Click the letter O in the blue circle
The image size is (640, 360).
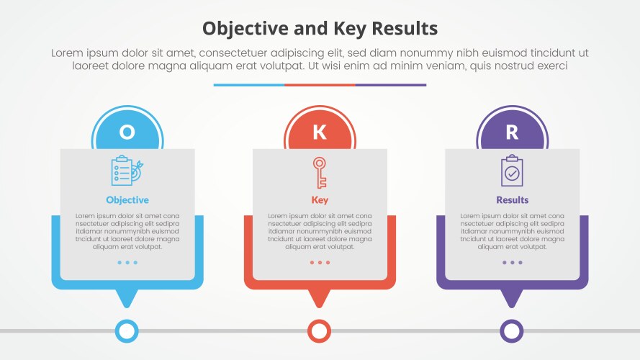(127, 132)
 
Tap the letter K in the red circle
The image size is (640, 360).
(320, 132)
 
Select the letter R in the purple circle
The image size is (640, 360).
(512, 132)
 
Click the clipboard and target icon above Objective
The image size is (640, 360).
(127, 170)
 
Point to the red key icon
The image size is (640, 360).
(320, 172)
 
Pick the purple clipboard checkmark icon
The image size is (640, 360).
(512, 171)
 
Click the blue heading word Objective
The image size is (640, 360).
(127, 200)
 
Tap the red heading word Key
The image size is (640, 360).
(320, 200)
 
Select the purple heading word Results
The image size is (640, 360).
(512, 200)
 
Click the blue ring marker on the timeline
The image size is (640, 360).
(127, 331)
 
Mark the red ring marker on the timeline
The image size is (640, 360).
(320, 331)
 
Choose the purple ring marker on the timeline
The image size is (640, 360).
(512, 331)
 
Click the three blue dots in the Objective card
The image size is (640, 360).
(127, 263)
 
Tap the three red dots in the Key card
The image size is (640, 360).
(320, 263)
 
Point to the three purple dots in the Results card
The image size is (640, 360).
(512, 263)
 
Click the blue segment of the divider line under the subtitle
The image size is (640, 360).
(248, 85)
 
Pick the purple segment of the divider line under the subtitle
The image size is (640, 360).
(391, 85)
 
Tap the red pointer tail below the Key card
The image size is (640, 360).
(320, 297)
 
